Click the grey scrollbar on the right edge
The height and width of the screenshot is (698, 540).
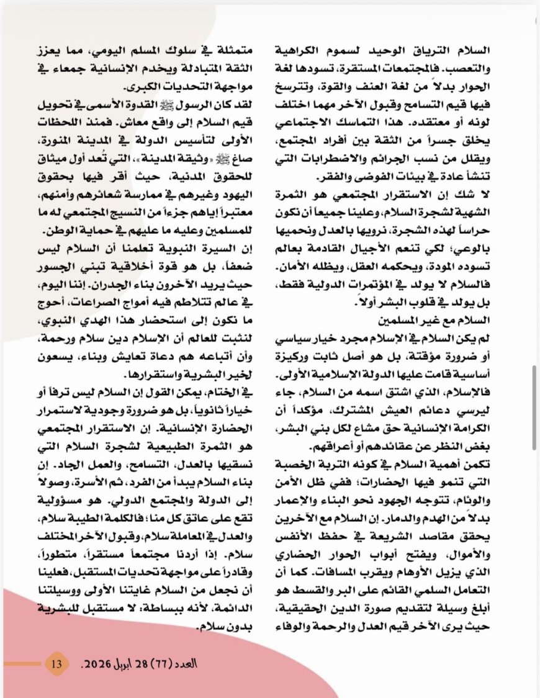(x=534, y=406)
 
